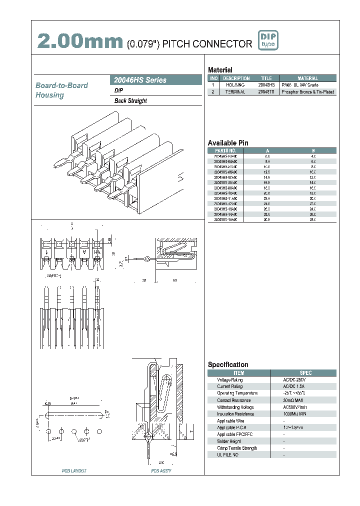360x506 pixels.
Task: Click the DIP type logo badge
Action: (267, 40)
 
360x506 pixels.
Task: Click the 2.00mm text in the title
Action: (80, 42)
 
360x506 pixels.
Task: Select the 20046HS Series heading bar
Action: (155, 80)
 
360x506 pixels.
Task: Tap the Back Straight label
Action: (130, 101)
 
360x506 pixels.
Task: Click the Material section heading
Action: (220, 70)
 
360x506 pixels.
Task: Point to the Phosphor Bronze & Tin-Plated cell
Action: (307, 92)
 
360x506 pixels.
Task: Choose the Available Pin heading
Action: (228, 143)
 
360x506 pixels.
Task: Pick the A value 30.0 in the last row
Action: (267, 219)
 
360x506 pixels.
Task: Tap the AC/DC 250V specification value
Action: (293, 380)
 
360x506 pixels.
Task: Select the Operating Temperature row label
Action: (237, 393)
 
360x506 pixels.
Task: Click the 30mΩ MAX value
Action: (293, 400)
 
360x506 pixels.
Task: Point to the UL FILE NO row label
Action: (228, 455)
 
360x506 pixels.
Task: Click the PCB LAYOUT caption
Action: (74, 471)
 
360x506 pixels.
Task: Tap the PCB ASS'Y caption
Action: (161, 471)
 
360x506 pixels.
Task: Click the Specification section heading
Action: (228, 364)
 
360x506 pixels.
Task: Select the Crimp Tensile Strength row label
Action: (237, 448)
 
